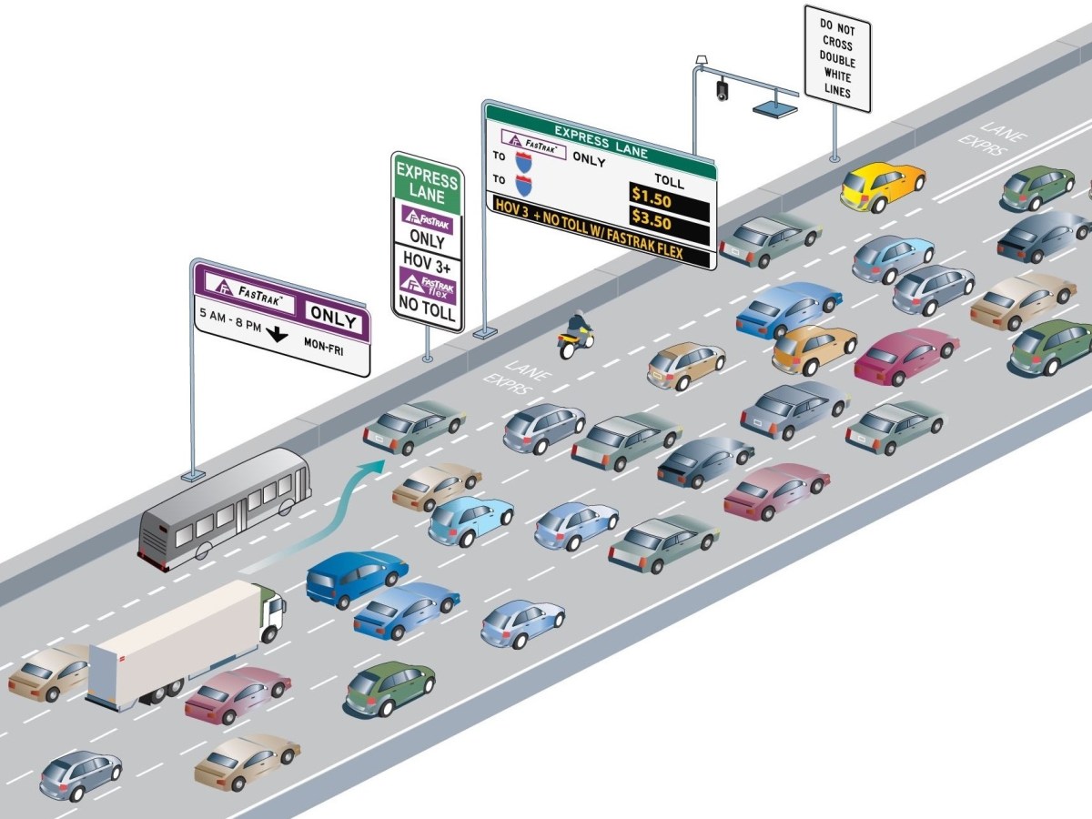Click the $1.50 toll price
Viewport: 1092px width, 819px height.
click(x=652, y=195)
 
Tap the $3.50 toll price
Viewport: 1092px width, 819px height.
click(x=652, y=221)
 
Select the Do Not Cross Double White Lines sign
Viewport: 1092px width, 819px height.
click(x=837, y=58)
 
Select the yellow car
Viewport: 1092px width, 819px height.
click(x=881, y=186)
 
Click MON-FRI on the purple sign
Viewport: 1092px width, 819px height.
click(x=323, y=345)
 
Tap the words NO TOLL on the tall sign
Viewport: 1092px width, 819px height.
click(x=427, y=307)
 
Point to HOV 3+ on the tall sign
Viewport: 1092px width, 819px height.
click(x=427, y=258)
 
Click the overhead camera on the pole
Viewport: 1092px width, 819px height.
click(x=723, y=89)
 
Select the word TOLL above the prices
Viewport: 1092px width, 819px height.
click(x=669, y=181)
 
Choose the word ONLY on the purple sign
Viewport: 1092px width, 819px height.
click(x=333, y=315)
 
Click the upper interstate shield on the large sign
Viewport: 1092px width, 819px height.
click(x=524, y=162)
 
